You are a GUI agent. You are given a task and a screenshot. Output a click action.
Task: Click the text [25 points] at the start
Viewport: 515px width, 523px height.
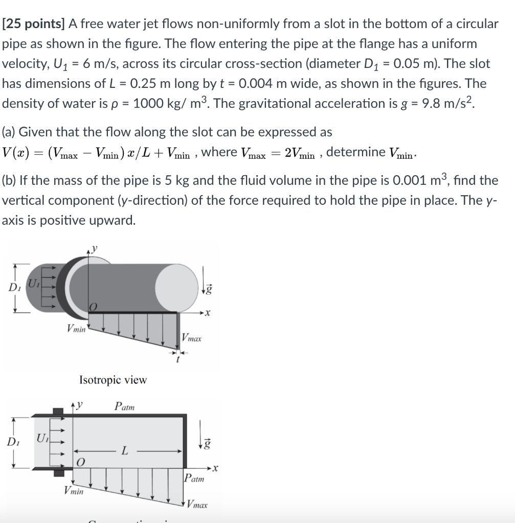pos(33,23)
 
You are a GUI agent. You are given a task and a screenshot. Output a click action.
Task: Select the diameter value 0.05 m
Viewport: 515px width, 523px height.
pos(460,64)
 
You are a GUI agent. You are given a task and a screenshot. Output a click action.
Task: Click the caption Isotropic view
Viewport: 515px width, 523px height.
pos(113,379)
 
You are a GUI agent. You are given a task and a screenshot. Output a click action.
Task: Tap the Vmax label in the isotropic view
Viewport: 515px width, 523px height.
pos(192,338)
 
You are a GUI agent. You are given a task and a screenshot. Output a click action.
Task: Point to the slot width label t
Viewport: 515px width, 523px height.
pos(177,360)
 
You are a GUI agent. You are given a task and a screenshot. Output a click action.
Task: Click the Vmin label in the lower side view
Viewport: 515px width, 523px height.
pos(74,491)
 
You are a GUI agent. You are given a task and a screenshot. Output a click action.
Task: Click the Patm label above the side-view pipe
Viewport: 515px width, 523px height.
pos(125,407)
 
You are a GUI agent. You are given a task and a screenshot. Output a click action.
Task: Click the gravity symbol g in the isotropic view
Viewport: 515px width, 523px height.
pos(209,289)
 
